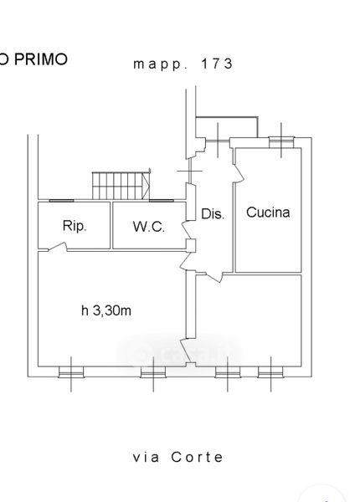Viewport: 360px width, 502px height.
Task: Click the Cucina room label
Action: (x=268, y=213)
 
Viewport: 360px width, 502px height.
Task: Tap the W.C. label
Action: (x=149, y=227)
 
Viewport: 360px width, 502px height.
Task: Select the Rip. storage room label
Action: (x=75, y=226)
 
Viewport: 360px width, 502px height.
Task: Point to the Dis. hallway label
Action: (x=213, y=213)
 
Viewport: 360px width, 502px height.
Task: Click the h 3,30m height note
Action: (x=106, y=310)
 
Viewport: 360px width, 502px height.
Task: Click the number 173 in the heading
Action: (x=217, y=64)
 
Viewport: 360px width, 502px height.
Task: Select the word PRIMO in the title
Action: (x=41, y=59)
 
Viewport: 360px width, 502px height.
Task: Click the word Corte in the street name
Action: (x=197, y=457)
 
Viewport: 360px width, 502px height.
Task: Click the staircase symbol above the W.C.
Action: (x=121, y=186)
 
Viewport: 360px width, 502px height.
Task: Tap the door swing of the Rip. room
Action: (x=58, y=247)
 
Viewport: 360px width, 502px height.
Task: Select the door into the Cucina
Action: (x=239, y=173)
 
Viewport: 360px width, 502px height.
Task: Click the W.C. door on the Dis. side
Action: (x=187, y=229)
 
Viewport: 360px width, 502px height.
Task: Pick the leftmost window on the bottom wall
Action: (x=71, y=372)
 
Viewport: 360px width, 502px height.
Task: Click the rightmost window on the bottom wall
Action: (x=270, y=372)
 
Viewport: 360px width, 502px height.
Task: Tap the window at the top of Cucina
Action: (x=281, y=142)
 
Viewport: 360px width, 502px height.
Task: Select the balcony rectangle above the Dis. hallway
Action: (x=227, y=127)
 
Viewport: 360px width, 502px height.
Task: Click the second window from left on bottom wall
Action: (x=153, y=372)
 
